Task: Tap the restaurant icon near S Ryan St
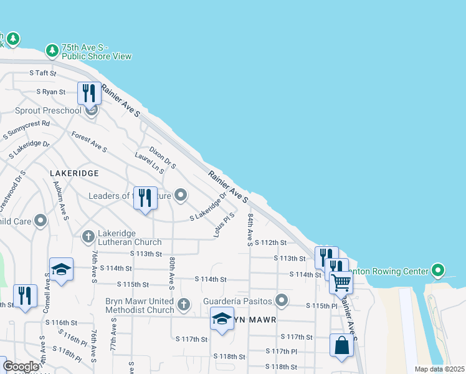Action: point(89,93)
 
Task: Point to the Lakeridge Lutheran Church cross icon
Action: point(88,236)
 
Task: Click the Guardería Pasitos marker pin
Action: point(282,300)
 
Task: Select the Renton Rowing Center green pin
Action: point(438,271)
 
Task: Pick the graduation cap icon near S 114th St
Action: point(61,269)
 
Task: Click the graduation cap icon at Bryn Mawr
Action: point(222,319)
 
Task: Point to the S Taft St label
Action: point(43,73)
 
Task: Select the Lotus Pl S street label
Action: point(224,224)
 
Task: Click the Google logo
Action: point(21,367)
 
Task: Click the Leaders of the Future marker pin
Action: point(181,196)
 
